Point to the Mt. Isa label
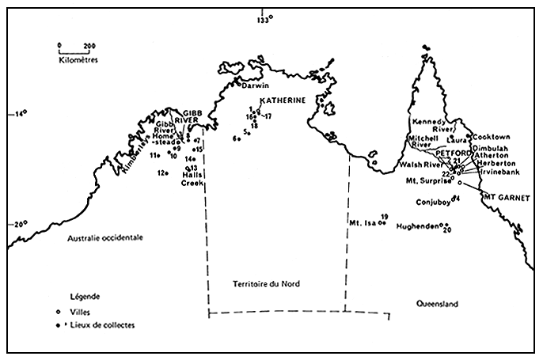tap(363, 223)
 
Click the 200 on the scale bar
tap(89, 45)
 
